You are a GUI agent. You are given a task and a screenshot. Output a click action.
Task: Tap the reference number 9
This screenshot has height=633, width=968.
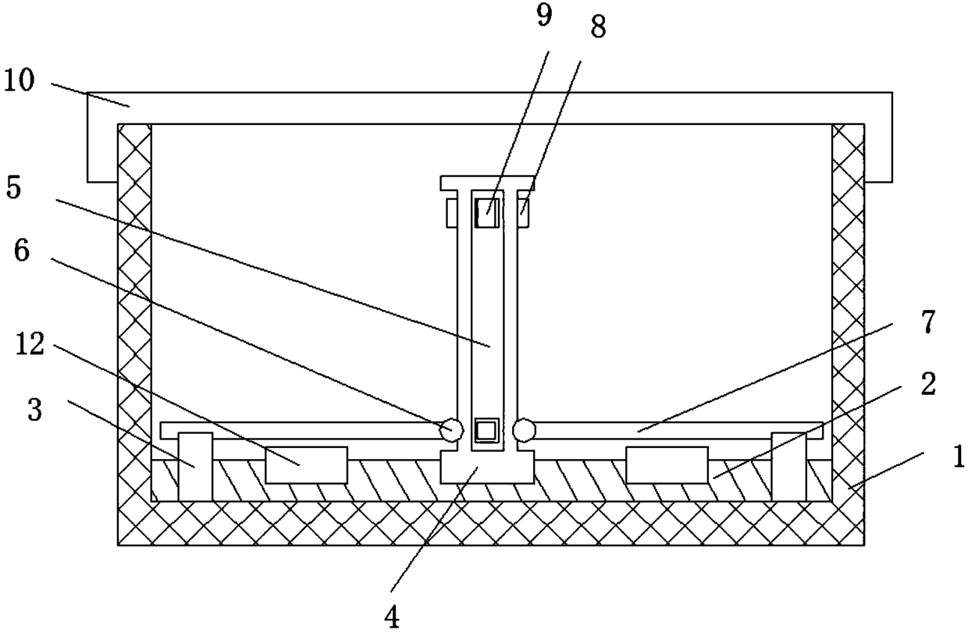click(544, 17)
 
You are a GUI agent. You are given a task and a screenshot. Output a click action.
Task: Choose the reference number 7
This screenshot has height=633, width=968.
click(927, 322)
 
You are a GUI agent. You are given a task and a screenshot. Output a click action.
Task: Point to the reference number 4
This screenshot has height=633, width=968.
click(393, 617)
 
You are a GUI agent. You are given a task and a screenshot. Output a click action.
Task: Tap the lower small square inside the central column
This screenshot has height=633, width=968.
click(486, 431)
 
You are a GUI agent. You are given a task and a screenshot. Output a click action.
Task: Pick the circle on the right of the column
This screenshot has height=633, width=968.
click(524, 429)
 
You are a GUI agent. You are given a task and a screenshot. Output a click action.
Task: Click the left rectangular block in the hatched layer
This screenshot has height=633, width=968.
click(306, 465)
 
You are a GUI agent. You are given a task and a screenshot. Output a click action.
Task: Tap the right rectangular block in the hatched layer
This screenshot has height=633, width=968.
click(667, 465)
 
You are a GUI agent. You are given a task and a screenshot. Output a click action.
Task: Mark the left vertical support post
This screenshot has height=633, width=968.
click(195, 466)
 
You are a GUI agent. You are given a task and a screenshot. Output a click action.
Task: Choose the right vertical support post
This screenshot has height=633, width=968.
click(788, 466)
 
